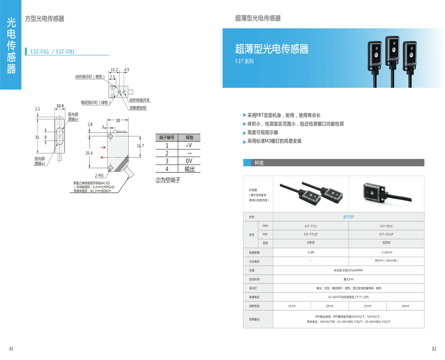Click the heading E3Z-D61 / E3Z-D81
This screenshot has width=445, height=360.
(x=52, y=52)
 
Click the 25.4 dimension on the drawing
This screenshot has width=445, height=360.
(x=89, y=153)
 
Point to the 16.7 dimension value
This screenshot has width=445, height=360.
(x=140, y=146)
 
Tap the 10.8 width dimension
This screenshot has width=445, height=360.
(x=59, y=106)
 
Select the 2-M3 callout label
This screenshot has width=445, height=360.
(x=99, y=176)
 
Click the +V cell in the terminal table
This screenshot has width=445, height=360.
(x=189, y=145)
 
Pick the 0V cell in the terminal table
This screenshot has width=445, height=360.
(x=189, y=161)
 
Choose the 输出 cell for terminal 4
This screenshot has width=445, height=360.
(x=189, y=169)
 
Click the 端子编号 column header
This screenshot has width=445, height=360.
(x=167, y=137)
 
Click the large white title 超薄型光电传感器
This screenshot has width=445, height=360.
(x=272, y=49)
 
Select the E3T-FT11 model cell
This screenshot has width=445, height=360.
(x=311, y=226)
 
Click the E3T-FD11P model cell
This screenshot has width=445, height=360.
(x=386, y=234)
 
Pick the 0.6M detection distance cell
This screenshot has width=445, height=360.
(x=311, y=252)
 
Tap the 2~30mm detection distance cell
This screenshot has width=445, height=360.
(x=386, y=252)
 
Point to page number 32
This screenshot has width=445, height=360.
(x=434, y=348)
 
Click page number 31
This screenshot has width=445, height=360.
(x=11, y=348)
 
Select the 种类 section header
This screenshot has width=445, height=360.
(x=259, y=163)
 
